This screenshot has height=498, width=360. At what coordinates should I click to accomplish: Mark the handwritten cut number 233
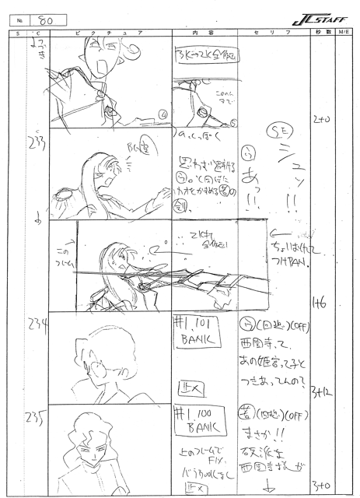click(x=34, y=142)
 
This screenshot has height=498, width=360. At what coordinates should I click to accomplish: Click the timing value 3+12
click(x=319, y=389)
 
